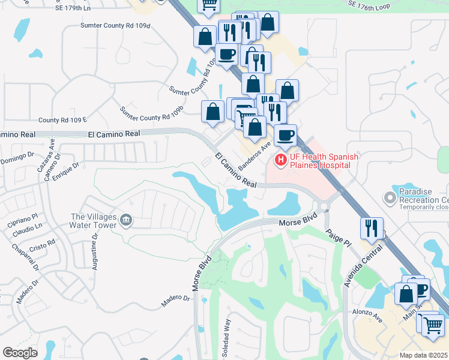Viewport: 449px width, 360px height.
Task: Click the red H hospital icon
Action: point(280,160)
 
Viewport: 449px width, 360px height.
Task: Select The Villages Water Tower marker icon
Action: point(125,221)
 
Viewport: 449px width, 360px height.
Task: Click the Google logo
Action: point(20,352)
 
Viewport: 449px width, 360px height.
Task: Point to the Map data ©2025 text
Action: point(424,355)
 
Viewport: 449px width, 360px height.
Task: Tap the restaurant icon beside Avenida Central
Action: point(370,227)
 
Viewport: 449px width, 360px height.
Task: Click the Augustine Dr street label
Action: point(94,253)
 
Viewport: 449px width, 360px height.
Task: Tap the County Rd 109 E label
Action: point(62,120)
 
